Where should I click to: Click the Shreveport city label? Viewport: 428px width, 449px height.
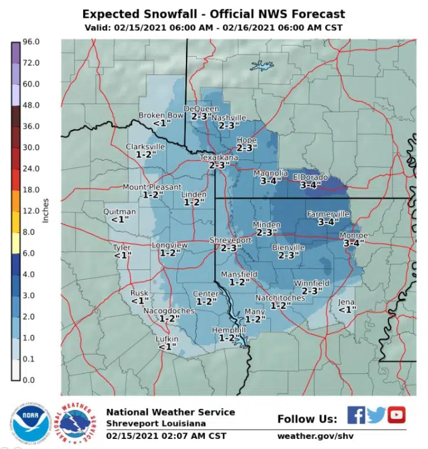[231, 240]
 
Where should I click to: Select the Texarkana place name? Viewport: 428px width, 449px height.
[218, 158]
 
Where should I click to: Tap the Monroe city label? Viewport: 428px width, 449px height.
[354, 235]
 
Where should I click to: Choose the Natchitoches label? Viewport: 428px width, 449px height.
[280, 298]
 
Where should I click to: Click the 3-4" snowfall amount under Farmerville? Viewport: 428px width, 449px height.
[328, 222]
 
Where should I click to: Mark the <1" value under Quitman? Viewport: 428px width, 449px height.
[120, 219]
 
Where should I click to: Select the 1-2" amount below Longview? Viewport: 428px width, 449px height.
[169, 252]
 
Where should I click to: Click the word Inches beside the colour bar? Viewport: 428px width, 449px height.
[46, 210]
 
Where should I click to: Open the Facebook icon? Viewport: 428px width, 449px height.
[355, 415]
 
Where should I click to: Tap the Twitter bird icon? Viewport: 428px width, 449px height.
[376, 415]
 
